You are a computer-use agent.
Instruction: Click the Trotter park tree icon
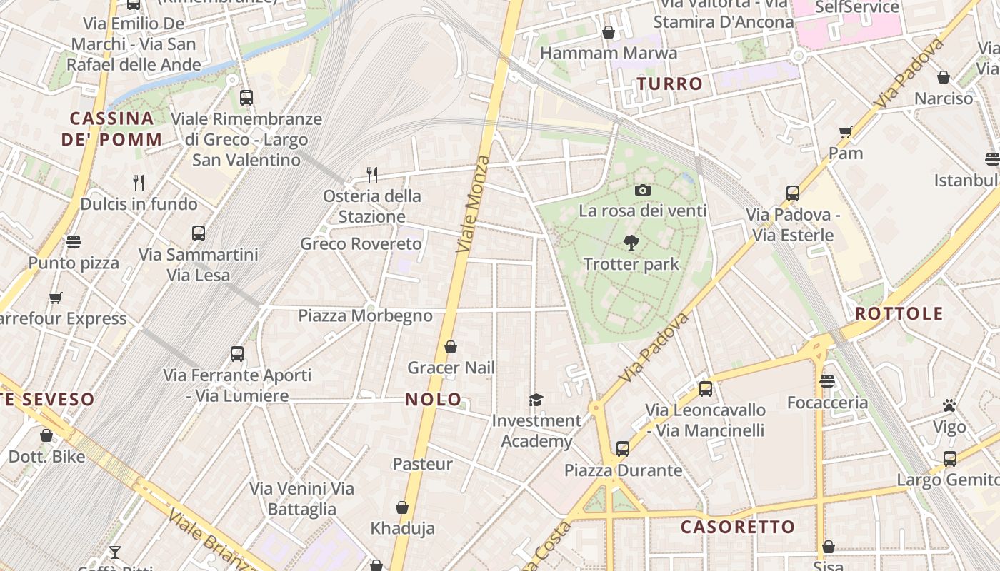tap(631, 243)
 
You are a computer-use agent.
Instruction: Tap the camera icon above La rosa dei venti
tap(642, 190)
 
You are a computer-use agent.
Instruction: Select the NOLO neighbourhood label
tap(434, 400)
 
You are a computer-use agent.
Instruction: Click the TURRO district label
tap(670, 84)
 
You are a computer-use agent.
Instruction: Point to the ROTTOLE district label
tap(899, 313)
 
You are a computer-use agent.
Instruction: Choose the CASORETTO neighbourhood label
tap(737, 527)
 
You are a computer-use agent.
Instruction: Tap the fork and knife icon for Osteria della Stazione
tap(371, 174)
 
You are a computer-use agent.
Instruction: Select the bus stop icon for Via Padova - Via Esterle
tap(792, 193)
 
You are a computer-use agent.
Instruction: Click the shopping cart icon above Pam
tap(846, 132)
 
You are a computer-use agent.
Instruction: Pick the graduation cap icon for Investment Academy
tap(536, 400)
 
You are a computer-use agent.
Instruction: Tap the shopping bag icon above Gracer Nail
tap(451, 347)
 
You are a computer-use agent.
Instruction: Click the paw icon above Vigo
tap(949, 406)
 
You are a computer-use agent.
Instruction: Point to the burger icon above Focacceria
tap(827, 381)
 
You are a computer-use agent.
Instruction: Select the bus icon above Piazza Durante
tap(623, 449)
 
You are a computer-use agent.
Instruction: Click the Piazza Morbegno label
tap(365, 315)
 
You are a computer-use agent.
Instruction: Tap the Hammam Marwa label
tap(608, 53)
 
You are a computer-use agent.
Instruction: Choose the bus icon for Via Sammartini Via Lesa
tap(199, 233)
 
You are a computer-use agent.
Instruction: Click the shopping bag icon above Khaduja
tap(402, 507)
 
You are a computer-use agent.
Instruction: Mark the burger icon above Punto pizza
tap(74, 241)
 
